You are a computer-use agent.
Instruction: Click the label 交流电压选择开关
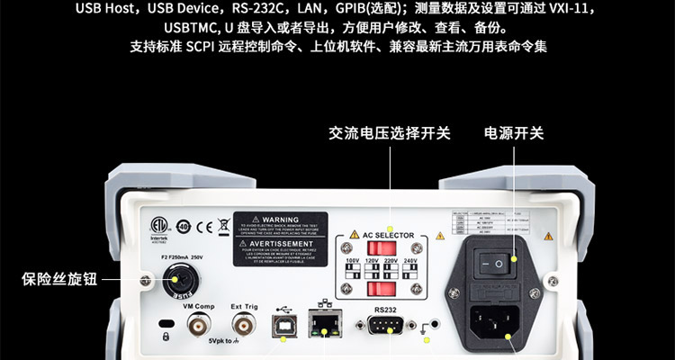(x=389, y=133)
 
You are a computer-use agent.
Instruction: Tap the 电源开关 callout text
(x=515, y=133)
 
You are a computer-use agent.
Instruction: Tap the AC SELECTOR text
(x=389, y=235)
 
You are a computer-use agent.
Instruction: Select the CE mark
(x=204, y=226)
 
